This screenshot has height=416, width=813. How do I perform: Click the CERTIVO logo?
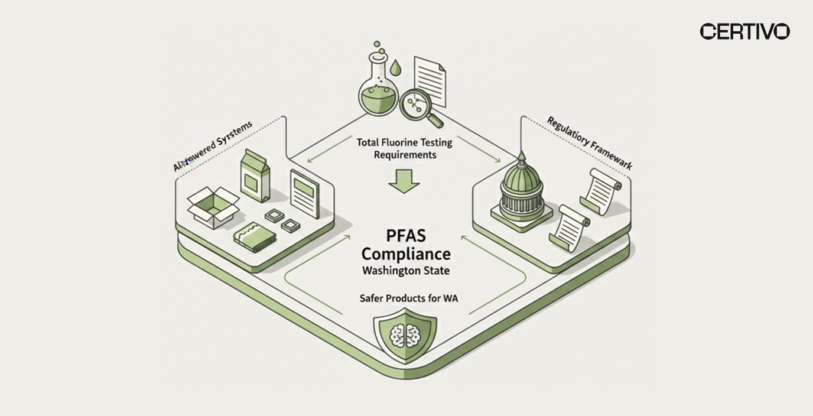click(744, 32)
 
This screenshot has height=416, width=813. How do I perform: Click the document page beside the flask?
click(430, 80)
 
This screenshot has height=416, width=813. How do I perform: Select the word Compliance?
click(405, 255)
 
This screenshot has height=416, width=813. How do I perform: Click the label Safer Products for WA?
click(408, 298)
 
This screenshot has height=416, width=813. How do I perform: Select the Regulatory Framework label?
click(590, 144)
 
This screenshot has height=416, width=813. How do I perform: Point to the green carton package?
click(255, 175)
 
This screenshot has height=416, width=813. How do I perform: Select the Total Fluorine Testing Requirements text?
click(396, 148)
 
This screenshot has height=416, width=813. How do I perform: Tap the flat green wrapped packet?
click(254, 237)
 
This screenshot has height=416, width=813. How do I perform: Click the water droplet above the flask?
click(395, 69)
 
